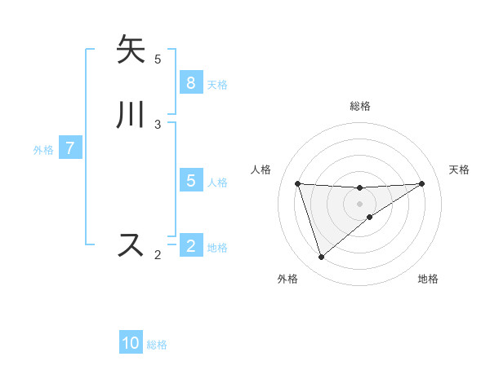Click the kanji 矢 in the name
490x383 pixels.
click(131, 50)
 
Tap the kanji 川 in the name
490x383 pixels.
click(131, 115)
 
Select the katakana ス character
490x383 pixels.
click(131, 245)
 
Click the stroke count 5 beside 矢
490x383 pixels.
click(158, 59)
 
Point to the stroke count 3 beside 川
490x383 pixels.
click(158, 124)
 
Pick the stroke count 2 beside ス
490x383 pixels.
click(158, 254)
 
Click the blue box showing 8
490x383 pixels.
click(190, 82)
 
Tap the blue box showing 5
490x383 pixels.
click(190, 180)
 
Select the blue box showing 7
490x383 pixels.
click(71, 148)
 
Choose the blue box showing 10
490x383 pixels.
click(131, 343)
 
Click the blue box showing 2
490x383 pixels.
click(190, 245)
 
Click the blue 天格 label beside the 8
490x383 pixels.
click(217, 85)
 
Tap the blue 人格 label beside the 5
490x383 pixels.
click(217, 183)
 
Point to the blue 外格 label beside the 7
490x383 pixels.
click(43, 150)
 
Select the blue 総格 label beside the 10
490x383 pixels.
click(157, 346)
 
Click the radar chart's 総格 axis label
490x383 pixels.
click(360, 106)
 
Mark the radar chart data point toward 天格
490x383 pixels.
click(422, 183)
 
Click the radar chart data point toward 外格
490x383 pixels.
click(321, 258)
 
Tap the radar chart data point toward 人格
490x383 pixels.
click(297, 183)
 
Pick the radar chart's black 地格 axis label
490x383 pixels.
click(428, 279)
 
